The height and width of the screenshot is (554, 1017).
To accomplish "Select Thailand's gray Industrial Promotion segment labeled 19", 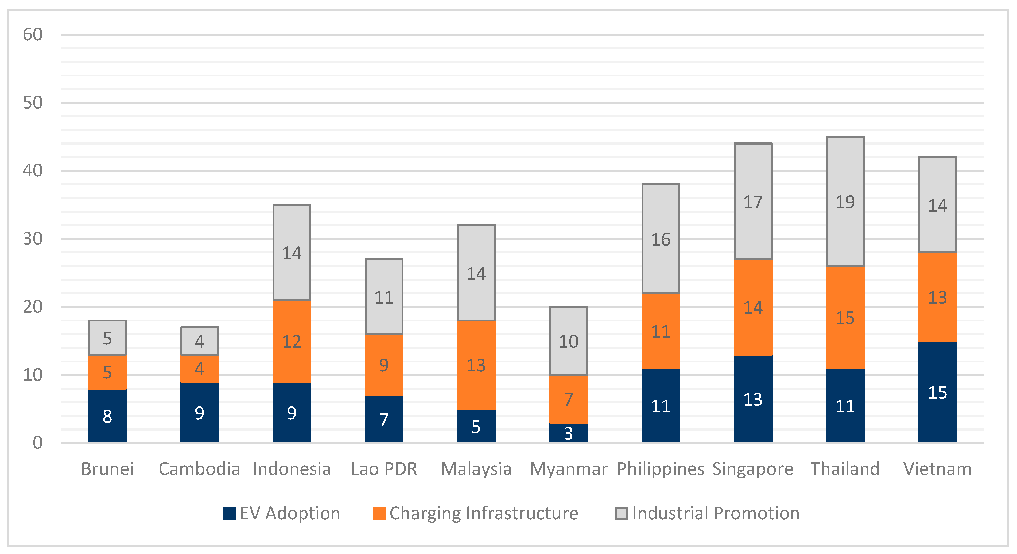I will (845, 202).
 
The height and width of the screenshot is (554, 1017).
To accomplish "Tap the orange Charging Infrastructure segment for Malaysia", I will (476, 365).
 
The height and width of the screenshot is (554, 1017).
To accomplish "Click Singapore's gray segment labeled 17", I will (753, 202).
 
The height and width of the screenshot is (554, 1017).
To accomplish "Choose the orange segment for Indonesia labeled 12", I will (292, 342).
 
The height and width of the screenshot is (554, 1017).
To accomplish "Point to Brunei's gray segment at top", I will (107, 338).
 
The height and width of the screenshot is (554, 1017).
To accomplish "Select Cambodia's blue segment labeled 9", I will (199, 412).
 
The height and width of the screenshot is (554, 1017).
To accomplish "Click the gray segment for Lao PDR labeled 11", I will (384, 297).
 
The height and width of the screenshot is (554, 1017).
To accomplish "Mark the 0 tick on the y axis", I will (37, 443).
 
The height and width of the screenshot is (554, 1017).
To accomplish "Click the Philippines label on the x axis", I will (661, 469).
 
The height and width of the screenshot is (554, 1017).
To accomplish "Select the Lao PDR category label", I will (384, 469).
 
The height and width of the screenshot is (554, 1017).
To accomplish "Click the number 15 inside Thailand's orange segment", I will (845, 318).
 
